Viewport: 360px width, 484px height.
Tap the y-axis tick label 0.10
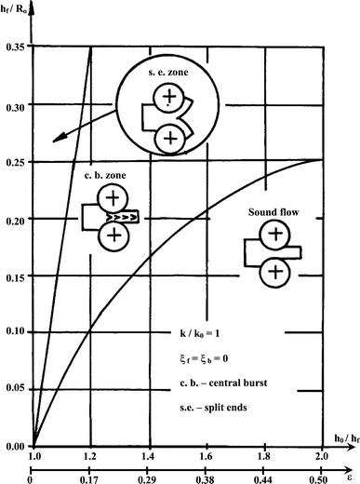click(x=16, y=332)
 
